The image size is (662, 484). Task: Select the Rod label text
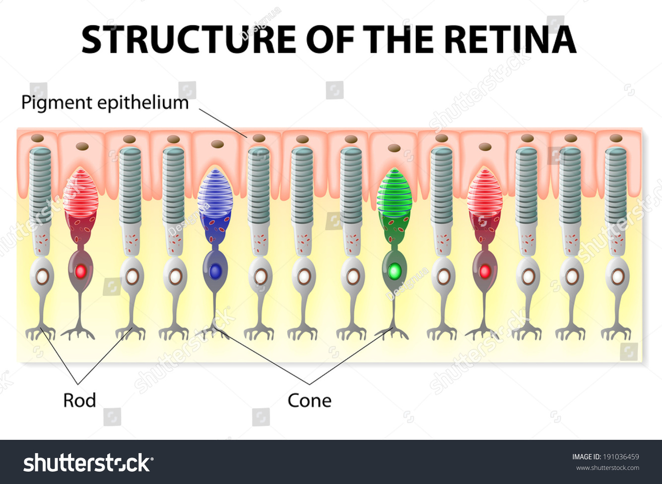point(79,400)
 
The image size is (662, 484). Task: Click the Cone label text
point(309,400)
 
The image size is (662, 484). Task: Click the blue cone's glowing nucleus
point(215,271)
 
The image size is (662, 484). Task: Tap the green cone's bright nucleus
point(395,271)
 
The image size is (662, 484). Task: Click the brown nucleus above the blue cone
point(217,144)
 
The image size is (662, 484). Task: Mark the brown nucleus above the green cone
point(395,148)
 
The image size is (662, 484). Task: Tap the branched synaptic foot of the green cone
point(392,331)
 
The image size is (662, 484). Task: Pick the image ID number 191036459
point(621,457)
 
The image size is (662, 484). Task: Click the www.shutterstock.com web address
point(607,468)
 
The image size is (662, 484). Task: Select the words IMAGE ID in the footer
point(586,457)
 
